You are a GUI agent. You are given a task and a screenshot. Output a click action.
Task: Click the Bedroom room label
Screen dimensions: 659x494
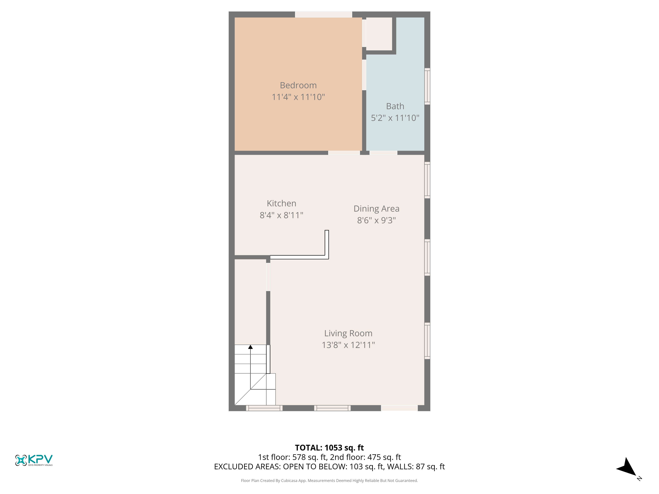[x=298, y=85]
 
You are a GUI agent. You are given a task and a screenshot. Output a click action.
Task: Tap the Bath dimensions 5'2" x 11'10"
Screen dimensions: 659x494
[x=395, y=118]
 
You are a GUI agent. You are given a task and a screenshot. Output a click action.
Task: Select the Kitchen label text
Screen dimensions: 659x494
[x=282, y=203]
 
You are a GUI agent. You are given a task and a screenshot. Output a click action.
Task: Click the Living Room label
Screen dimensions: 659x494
[x=348, y=333]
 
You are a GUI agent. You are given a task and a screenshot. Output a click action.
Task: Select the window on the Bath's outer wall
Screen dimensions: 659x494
[x=427, y=86]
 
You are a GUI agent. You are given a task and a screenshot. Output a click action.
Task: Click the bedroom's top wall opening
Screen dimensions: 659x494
[x=324, y=14]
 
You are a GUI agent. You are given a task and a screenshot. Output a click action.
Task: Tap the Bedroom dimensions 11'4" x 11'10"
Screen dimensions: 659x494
[x=298, y=97]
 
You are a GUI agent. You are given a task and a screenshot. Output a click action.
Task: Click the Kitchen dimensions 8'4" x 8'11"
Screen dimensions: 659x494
[x=282, y=215]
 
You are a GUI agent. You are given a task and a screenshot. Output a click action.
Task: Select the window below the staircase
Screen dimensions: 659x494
[x=264, y=408]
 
